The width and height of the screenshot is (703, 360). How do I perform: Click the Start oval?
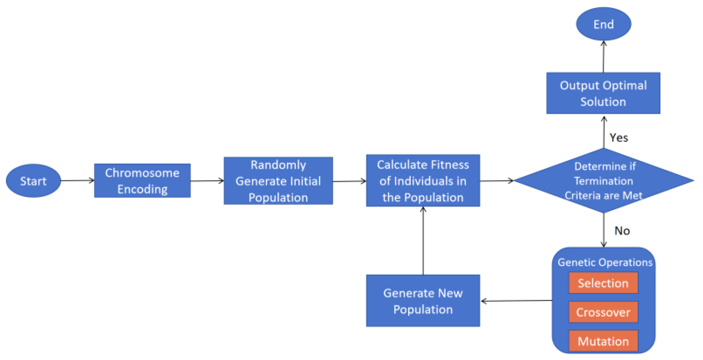pyautogui.click(x=33, y=181)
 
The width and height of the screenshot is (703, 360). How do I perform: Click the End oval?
pyautogui.click(x=603, y=24)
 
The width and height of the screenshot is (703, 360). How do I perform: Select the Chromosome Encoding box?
pyautogui.click(x=142, y=181)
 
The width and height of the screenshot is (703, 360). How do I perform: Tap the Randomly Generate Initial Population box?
pyautogui.click(x=278, y=181)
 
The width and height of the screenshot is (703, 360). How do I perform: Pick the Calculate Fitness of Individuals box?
pyautogui.click(x=423, y=181)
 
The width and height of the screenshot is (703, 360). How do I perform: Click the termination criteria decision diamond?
pyautogui.click(x=604, y=181)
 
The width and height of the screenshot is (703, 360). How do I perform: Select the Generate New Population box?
pyautogui.click(x=423, y=301)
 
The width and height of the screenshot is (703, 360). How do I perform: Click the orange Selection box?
pyautogui.click(x=603, y=283)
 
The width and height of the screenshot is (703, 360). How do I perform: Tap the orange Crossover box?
pyautogui.click(x=603, y=312)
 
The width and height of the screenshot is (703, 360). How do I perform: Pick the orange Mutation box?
pyautogui.click(x=603, y=341)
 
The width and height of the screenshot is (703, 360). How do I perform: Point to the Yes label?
pyautogui.click(x=618, y=138)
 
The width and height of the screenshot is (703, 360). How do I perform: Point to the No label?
pyautogui.click(x=622, y=231)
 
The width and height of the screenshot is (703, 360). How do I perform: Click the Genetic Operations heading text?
pyautogui.click(x=605, y=262)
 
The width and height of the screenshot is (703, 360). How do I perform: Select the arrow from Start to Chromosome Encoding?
pyautogui.click(x=77, y=181)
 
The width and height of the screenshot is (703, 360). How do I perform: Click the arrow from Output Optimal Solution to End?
pyautogui.click(x=603, y=57)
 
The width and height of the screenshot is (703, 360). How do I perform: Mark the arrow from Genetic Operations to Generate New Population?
pyautogui.click(x=516, y=301)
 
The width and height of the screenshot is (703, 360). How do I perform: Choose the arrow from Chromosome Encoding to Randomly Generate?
pyautogui.click(x=207, y=181)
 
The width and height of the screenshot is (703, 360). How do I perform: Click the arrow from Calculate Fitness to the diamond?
pyautogui.click(x=496, y=181)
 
